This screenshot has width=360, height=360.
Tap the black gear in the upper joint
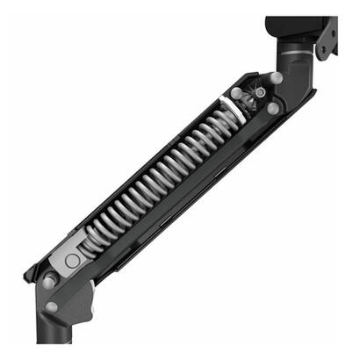(x=259, y=92)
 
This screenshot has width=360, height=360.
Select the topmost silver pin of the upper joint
(x=276, y=78)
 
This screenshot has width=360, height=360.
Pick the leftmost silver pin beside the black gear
(x=237, y=92)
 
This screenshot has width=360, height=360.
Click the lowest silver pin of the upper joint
(x=272, y=108)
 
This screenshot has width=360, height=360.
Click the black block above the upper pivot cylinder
(x=294, y=31)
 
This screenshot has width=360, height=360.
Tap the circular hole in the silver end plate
(x=73, y=261)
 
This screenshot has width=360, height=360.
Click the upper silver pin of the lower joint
(x=50, y=279)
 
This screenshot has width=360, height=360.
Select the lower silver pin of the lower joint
(x=51, y=306)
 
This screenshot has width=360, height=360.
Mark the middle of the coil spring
(x=158, y=180)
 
